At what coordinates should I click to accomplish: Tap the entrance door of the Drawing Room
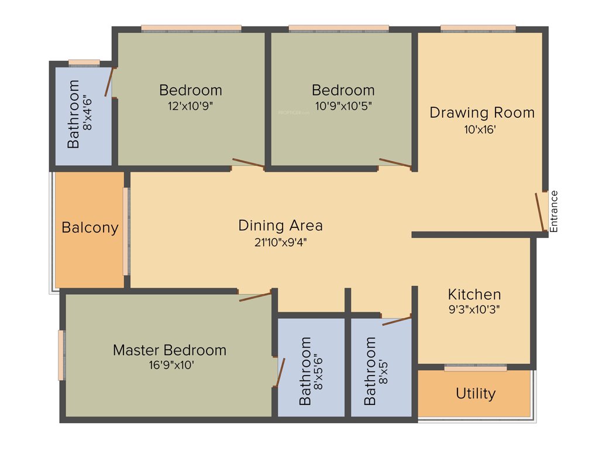(x=540, y=212)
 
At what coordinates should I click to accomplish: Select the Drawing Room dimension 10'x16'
(x=480, y=129)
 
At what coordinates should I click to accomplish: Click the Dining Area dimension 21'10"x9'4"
(x=281, y=243)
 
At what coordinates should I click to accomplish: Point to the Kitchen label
(x=474, y=294)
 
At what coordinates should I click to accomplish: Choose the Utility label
(x=476, y=394)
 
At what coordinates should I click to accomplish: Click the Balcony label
(x=90, y=228)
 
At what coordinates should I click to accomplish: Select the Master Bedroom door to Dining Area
(x=255, y=296)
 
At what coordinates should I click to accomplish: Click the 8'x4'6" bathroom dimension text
(x=88, y=112)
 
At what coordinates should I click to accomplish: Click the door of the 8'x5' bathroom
(x=397, y=321)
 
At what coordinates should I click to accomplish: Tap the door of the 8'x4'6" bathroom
(x=108, y=82)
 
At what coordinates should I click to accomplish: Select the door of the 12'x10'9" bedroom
(x=248, y=163)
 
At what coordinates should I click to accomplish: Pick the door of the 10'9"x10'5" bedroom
(x=395, y=163)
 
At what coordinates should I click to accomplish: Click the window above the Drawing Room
(x=478, y=28)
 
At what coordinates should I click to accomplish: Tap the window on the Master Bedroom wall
(x=61, y=356)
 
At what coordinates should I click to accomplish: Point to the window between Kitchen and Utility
(x=475, y=368)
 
